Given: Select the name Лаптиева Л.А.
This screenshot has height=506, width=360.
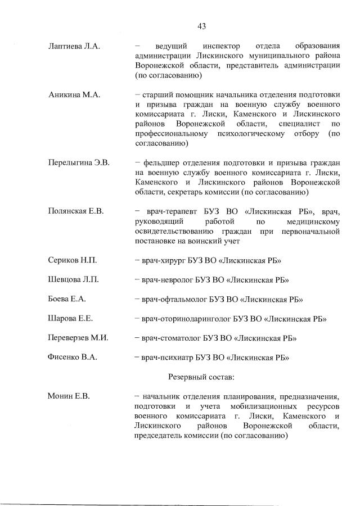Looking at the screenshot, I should pos(74,46).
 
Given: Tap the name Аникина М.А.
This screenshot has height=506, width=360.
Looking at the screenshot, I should pos(74,95).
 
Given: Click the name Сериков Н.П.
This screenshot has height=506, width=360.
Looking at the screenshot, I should pos(73,260).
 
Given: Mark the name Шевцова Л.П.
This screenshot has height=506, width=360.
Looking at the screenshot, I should pos(74,280).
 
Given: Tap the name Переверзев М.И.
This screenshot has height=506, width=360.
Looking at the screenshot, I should pos(78,338).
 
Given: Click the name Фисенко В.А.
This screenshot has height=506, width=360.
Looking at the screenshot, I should pos(73,357).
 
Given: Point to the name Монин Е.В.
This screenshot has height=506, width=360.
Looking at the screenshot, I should pos(69,396).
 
